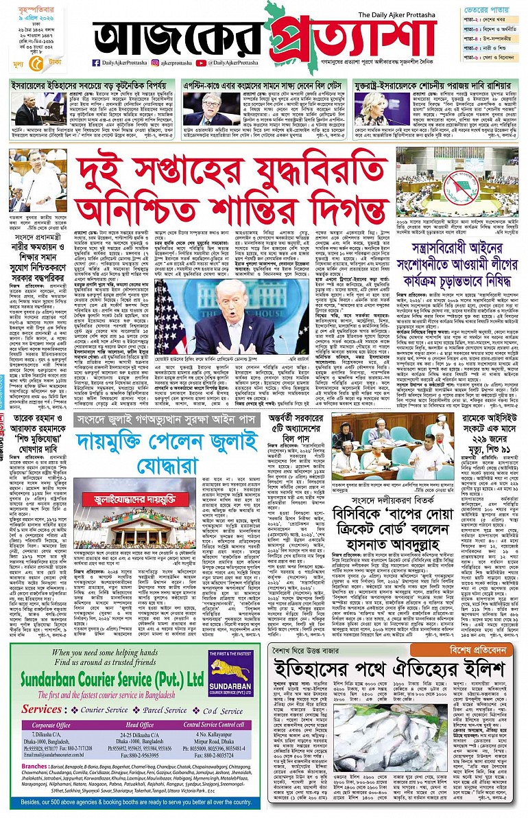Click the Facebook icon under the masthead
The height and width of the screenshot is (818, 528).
[x=97, y=62]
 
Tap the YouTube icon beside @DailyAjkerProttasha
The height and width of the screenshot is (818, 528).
[x=201, y=62]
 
